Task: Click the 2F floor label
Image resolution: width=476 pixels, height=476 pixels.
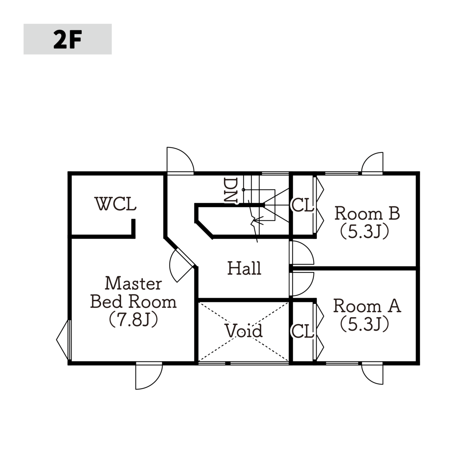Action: pyautogui.click(x=68, y=39)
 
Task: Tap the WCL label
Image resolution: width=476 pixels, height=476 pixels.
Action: pyautogui.click(x=115, y=204)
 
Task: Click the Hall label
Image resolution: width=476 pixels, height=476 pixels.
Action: pyautogui.click(x=244, y=268)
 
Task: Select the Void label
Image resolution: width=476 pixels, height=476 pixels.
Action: pyautogui.click(x=243, y=331)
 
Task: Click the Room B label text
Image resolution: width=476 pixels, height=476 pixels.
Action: pyautogui.click(x=367, y=213)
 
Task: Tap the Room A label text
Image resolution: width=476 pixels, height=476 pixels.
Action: pyautogui.click(x=367, y=306)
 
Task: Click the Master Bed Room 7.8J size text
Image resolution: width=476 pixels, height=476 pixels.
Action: pyautogui.click(x=133, y=319)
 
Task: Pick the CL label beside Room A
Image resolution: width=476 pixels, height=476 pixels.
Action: pyautogui.click(x=303, y=331)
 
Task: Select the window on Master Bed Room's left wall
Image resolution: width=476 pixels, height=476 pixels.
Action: pyautogui.click(x=64, y=340)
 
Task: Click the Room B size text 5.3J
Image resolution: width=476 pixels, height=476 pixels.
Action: pyautogui.click(x=365, y=231)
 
